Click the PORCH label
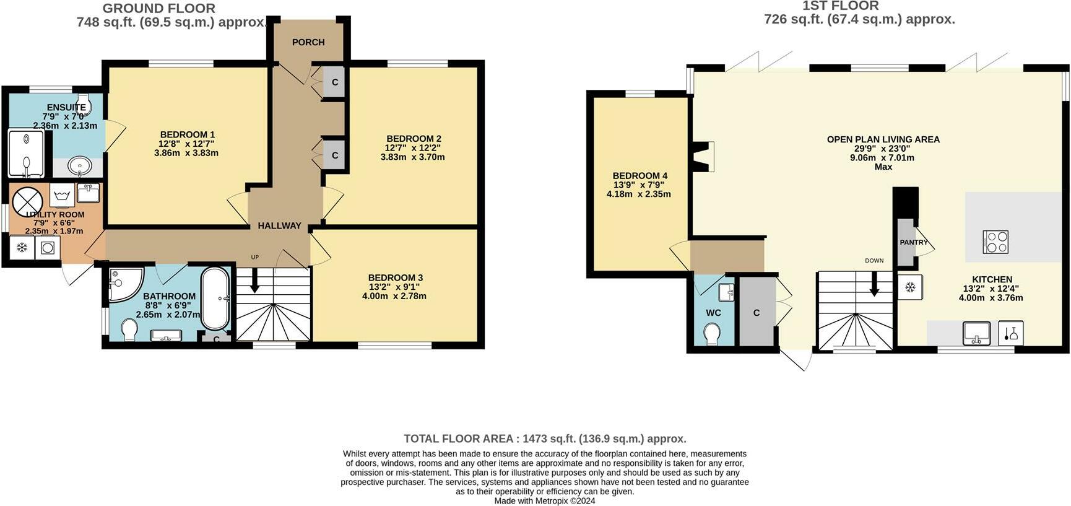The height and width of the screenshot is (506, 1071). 308,42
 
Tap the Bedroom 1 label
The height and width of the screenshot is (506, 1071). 187,134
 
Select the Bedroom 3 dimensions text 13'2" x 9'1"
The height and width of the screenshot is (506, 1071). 394,287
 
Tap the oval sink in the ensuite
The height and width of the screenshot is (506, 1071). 80,166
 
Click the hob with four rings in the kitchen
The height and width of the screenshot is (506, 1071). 995,242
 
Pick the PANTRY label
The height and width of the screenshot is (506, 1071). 914,242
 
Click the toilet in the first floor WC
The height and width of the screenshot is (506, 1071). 712,335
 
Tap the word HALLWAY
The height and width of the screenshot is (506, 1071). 280,226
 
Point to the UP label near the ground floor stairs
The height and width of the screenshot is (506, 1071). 254,257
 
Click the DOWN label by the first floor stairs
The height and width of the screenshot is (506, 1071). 874,261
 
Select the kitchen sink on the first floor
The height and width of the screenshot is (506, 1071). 976,333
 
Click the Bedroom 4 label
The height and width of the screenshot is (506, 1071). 640,176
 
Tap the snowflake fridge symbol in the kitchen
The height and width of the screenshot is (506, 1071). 910,287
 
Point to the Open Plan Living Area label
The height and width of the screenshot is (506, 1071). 883,139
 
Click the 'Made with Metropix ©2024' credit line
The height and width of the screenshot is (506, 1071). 544,500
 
